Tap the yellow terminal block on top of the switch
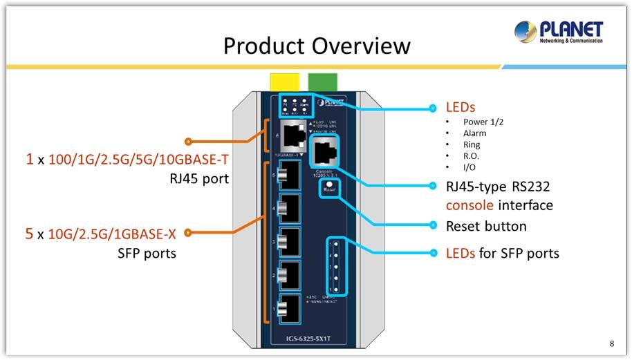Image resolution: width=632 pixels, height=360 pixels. (x=284, y=80)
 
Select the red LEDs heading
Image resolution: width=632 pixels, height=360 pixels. (x=461, y=108)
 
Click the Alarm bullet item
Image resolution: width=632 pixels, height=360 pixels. (x=474, y=133)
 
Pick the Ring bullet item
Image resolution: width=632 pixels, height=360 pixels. (x=472, y=145)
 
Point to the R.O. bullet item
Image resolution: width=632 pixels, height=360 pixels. (x=472, y=156)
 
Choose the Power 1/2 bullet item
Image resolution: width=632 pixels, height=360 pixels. (x=483, y=122)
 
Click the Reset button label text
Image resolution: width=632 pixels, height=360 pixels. (x=486, y=226)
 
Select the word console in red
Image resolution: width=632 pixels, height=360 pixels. (x=470, y=205)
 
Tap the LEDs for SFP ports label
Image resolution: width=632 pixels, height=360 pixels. (x=502, y=253)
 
